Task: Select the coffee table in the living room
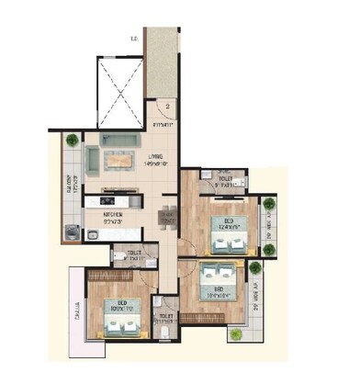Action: [117, 162]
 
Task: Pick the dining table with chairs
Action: [167, 218]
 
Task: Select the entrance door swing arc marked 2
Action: [162, 107]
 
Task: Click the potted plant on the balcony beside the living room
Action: [72, 141]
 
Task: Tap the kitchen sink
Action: [94, 236]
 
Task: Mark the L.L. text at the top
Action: [135, 39]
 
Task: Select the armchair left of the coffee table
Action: [92, 162]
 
